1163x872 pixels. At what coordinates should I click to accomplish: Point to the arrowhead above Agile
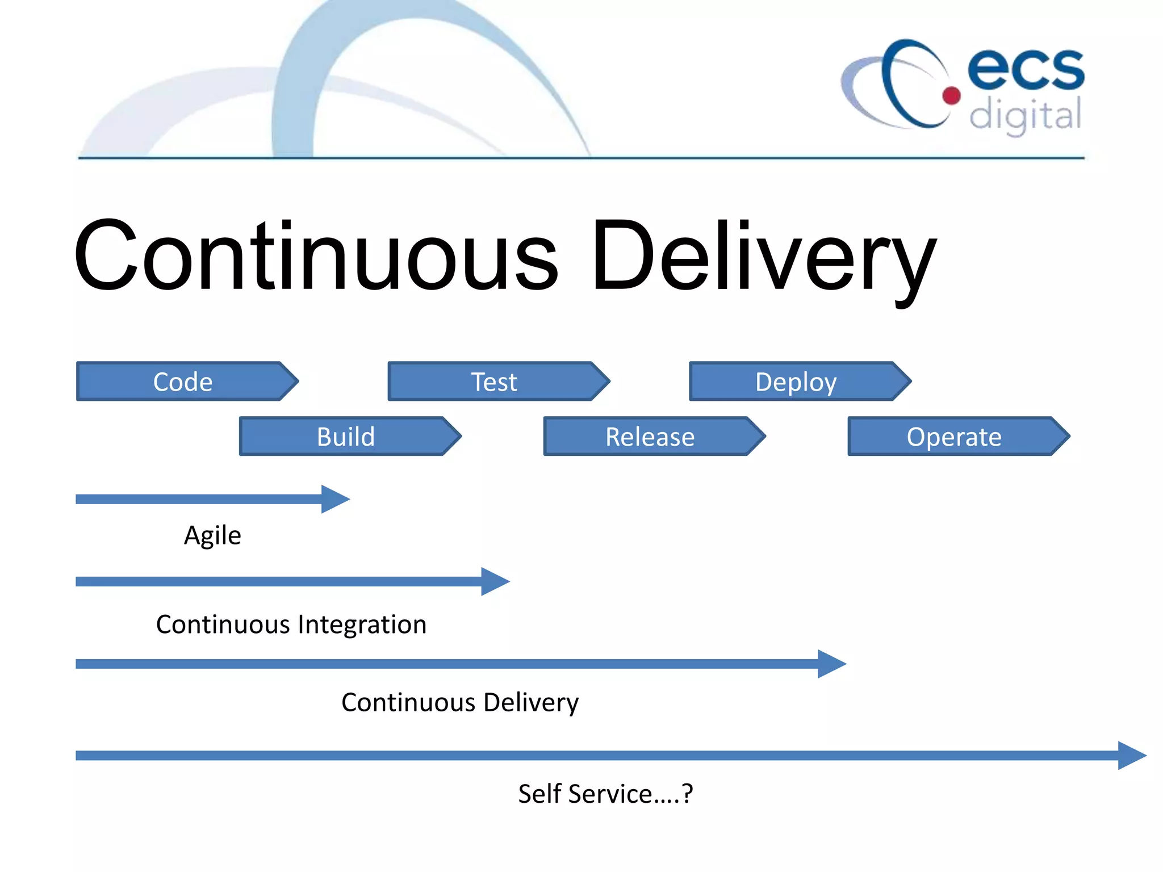pyautogui.click(x=335, y=499)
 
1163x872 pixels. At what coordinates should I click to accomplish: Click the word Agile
pyautogui.click(x=212, y=535)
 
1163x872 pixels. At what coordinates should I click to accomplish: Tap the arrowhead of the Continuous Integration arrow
pyautogui.click(x=495, y=581)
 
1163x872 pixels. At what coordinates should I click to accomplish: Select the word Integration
pyautogui.click(x=362, y=624)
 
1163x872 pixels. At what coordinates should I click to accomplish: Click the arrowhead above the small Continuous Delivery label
pyautogui.click(x=831, y=664)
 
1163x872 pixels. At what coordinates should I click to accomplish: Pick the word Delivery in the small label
pyautogui.click(x=531, y=703)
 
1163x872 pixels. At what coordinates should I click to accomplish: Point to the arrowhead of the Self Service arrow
pyautogui.click(x=1131, y=755)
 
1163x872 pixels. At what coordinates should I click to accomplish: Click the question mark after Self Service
pyautogui.click(x=687, y=793)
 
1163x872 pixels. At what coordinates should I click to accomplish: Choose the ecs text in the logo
pyautogui.click(x=1026, y=69)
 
